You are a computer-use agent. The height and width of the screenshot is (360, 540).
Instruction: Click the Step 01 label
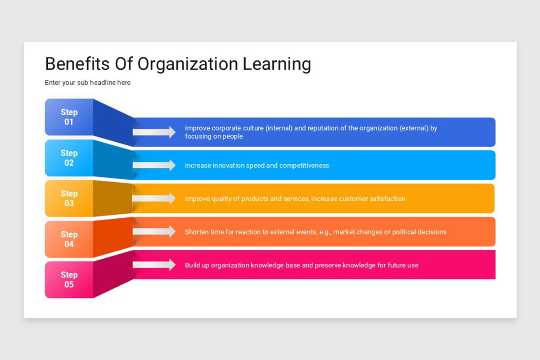click(x=69, y=117)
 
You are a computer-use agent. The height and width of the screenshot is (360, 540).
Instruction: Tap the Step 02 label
click(x=69, y=158)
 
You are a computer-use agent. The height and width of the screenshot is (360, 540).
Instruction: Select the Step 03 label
click(x=69, y=198)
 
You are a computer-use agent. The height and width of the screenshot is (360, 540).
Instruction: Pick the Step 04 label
click(x=69, y=239)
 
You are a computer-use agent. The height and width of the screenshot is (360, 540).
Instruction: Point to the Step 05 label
click(x=69, y=280)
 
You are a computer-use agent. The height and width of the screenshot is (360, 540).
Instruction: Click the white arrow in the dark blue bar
click(x=154, y=132)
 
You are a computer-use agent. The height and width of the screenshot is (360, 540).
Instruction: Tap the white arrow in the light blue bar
click(x=154, y=165)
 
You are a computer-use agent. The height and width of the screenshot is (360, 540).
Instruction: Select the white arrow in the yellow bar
click(x=154, y=198)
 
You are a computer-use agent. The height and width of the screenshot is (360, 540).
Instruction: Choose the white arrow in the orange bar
click(x=154, y=232)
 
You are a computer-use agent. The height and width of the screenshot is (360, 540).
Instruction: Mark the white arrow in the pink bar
click(x=154, y=265)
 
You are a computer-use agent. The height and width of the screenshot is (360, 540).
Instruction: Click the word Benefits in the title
click(x=77, y=64)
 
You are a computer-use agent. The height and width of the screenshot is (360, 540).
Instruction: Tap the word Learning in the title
click(x=277, y=65)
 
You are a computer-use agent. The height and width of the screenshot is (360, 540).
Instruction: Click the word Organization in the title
click(x=187, y=65)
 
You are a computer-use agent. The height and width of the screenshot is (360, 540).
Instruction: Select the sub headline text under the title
click(x=88, y=83)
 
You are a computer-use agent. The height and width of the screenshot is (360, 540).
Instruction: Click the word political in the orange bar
click(x=406, y=232)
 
